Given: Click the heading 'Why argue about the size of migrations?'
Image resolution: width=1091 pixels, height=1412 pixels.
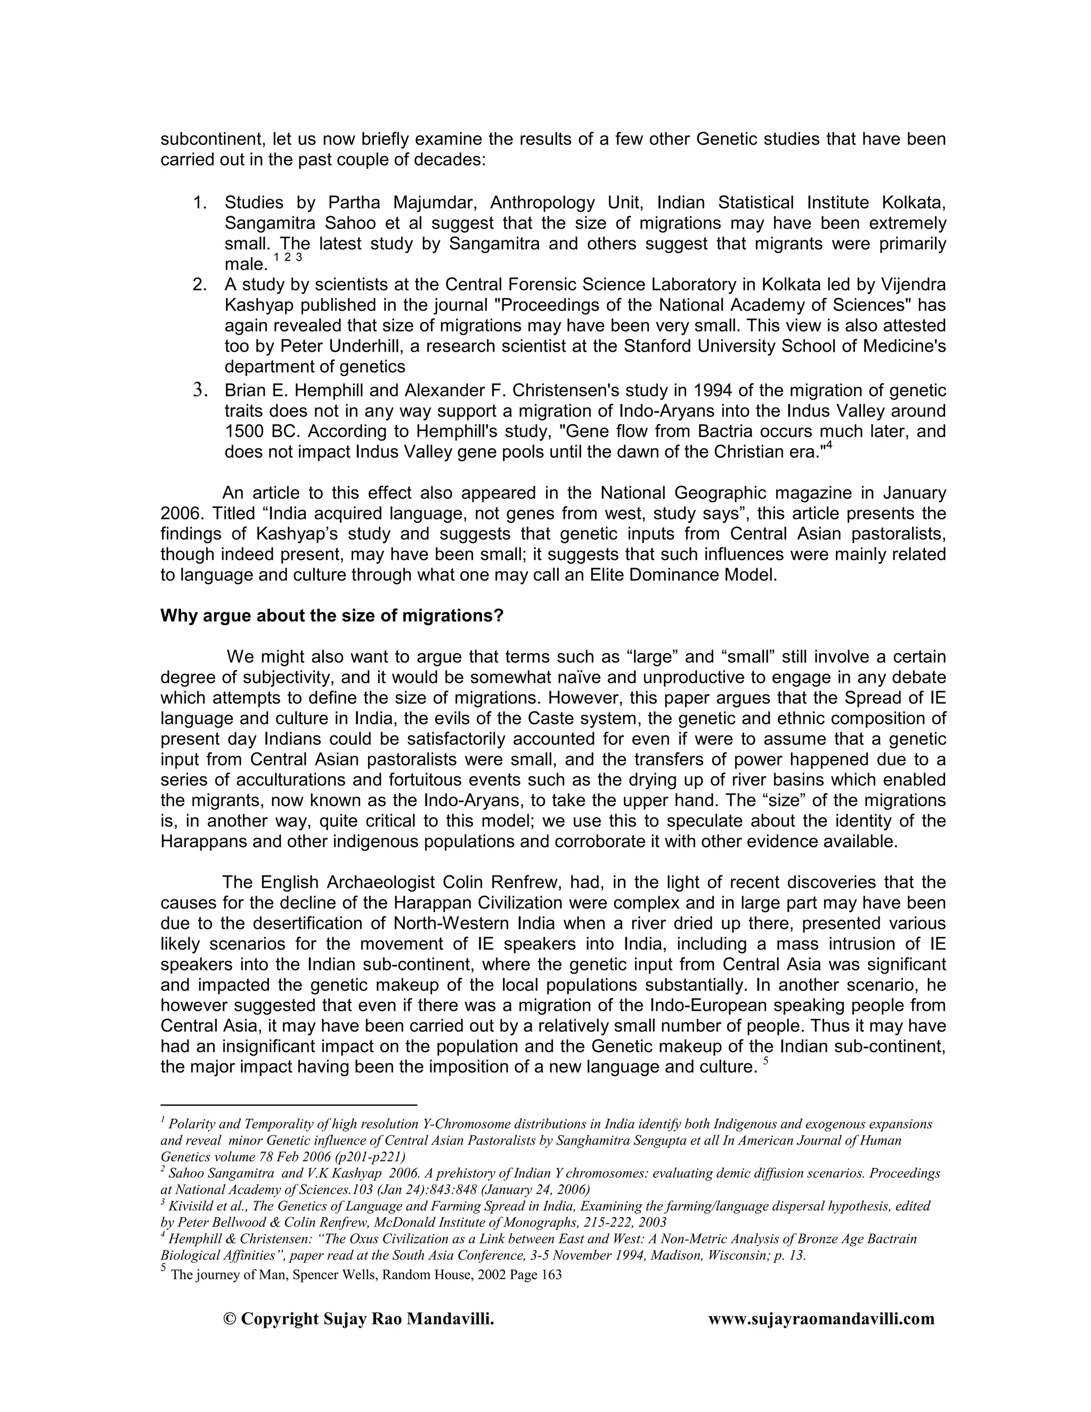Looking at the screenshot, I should point(331,615).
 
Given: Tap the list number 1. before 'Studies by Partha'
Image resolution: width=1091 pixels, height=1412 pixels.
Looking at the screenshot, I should point(200,203).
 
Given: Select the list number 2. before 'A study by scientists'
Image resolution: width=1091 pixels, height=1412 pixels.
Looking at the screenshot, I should point(200,285).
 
